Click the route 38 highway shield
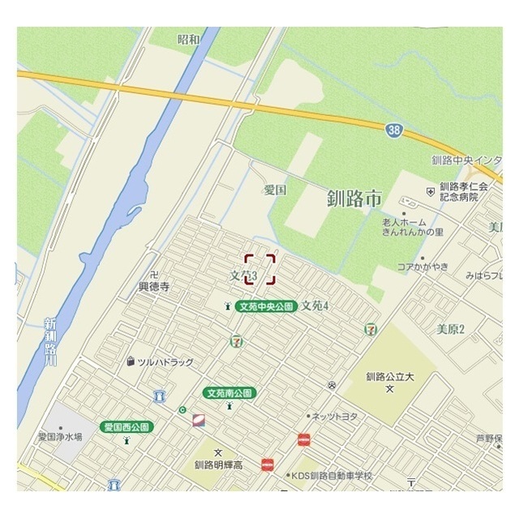(393, 129)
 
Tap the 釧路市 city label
(354, 198)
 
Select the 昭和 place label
(188, 39)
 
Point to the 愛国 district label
(275, 191)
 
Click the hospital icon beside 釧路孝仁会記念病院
(430, 191)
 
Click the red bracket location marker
(260, 269)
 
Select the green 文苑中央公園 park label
(265, 306)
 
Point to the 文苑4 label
(315, 306)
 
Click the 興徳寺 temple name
(153, 286)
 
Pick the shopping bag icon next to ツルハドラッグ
(130, 362)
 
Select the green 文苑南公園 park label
(230, 393)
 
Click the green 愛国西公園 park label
(127, 426)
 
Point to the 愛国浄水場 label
(60, 436)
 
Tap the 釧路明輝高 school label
(218, 465)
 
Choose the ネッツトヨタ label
(335, 416)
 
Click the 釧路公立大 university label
(389, 376)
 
